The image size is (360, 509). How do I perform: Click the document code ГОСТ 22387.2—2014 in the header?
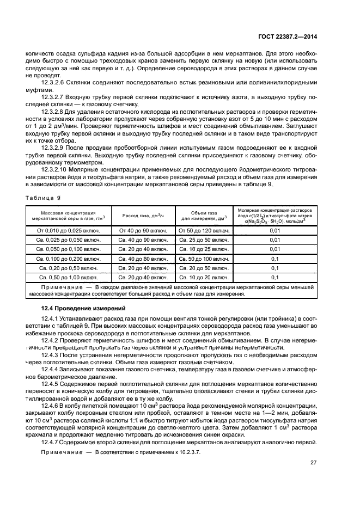(x=288, y=36)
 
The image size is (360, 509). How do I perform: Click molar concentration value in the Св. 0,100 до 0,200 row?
(x=274, y=259)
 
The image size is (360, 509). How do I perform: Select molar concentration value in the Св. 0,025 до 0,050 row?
(x=274, y=240)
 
